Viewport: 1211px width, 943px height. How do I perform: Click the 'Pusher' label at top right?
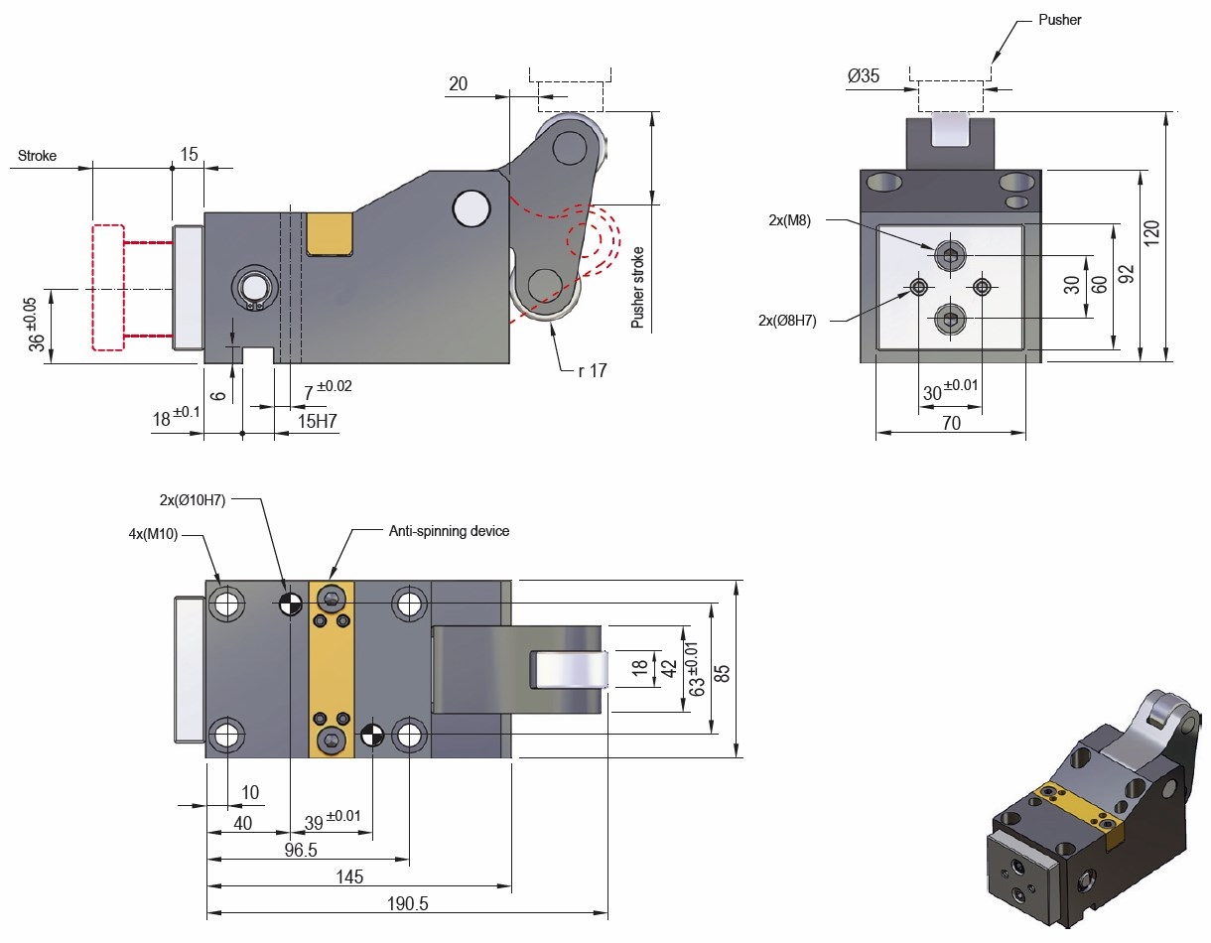[x=1059, y=20]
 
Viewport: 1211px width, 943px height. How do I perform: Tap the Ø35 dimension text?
[x=864, y=75]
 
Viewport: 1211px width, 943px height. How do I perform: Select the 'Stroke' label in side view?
[x=38, y=156]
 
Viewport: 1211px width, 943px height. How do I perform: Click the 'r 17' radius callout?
[x=592, y=370]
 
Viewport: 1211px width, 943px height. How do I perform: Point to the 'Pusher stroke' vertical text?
[x=638, y=288]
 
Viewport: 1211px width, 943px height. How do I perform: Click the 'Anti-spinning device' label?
[x=449, y=531]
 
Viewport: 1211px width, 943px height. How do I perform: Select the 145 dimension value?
[x=349, y=876]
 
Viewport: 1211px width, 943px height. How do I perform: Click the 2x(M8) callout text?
[x=790, y=220]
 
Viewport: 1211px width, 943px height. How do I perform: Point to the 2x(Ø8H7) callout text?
[x=786, y=320]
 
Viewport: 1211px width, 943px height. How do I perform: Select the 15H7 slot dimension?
[x=319, y=421]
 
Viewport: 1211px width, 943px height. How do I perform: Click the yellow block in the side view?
[x=330, y=233]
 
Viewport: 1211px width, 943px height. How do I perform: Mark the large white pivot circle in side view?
[x=471, y=207]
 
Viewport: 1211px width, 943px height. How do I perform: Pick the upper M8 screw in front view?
[x=950, y=256]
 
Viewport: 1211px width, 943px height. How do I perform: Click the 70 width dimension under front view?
[x=951, y=423]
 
